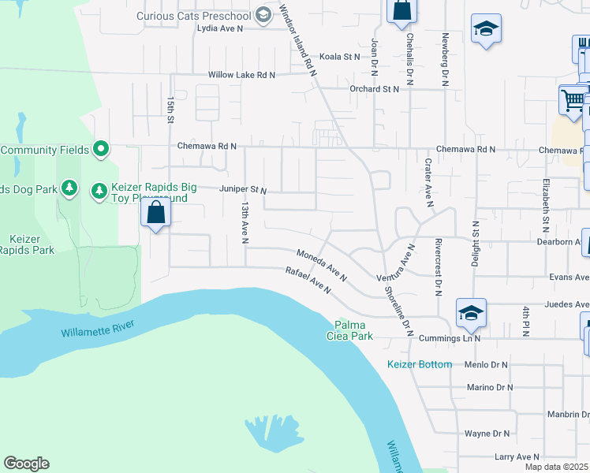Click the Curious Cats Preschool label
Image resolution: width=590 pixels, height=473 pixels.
[x=193, y=15]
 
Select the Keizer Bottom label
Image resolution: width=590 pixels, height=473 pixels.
[x=420, y=364]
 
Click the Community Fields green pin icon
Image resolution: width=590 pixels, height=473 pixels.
[x=101, y=148]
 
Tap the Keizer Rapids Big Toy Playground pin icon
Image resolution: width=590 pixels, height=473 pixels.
[x=99, y=191]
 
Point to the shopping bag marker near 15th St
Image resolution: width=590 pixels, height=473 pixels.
[x=156, y=213]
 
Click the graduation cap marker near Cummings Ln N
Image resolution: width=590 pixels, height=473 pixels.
[x=471, y=313]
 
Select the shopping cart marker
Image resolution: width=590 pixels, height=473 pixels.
[x=573, y=100]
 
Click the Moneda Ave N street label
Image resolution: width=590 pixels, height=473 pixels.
[x=322, y=265]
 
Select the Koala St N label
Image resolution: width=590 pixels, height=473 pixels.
[x=339, y=57]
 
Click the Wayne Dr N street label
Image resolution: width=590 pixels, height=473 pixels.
[x=487, y=434]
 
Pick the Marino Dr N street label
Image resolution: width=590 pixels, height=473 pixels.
[x=489, y=387]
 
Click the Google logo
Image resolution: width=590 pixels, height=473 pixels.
[x=26, y=464]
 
